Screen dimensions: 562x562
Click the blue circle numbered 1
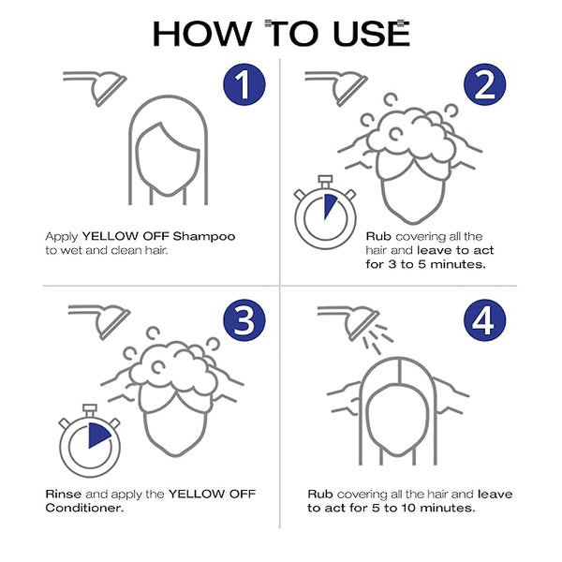[244, 84]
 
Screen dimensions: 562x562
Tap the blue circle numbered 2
[484, 84]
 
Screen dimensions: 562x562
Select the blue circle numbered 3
[244, 320]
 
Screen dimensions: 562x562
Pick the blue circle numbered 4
[484, 320]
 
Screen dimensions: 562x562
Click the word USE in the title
[371, 34]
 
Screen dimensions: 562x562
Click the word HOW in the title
[202, 34]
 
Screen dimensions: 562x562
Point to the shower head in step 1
[96, 88]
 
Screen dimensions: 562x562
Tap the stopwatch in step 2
[325, 213]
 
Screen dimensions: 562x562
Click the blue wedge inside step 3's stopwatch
[97, 435]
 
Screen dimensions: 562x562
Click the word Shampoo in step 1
[204, 237]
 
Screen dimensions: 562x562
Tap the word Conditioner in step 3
[84, 508]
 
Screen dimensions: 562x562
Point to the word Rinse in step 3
[64, 494]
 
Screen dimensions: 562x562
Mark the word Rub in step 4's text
[320, 494]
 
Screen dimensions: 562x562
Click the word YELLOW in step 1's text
[111, 237]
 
